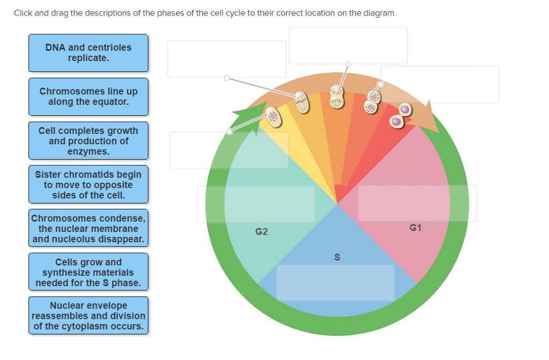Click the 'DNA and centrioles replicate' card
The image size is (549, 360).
88,53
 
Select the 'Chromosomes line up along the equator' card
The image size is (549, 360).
88,96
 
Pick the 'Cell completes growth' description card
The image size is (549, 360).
88,141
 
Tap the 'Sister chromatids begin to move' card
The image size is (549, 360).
88,185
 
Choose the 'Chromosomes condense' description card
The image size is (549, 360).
88,229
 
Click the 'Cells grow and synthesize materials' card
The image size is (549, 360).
88,272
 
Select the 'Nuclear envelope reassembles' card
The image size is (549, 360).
88,316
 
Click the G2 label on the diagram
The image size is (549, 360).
262,232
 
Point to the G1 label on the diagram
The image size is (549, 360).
416,228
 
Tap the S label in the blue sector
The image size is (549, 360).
337,257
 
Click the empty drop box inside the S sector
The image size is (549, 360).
335,282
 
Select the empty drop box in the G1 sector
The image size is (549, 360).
417,203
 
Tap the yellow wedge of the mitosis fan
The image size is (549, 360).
292,139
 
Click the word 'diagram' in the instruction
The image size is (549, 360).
381,13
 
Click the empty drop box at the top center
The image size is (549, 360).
348,46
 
